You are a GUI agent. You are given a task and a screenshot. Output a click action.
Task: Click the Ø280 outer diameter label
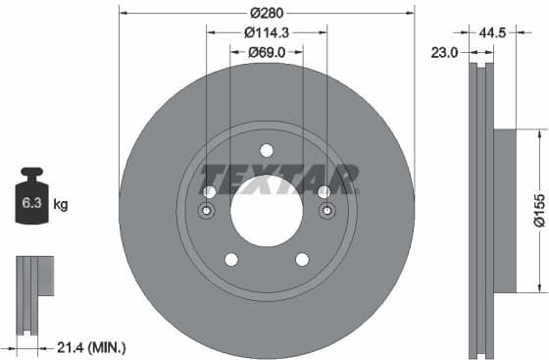pyautogui.click(x=266, y=13)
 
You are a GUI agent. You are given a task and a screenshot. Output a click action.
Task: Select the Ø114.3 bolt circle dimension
pyautogui.click(x=266, y=32)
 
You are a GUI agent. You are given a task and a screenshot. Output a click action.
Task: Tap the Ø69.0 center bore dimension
pyautogui.click(x=266, y=51)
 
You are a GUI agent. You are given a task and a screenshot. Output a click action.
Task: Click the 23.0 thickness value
pyautogui.click(x=445, y=54)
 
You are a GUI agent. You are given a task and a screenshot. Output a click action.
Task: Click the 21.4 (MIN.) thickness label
pyautogui.click(x=93, y=347)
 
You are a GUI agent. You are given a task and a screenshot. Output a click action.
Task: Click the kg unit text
pyautogui.click(x=61, y=205)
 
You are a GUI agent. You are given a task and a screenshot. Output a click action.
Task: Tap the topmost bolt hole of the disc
pyautogui.click(x=266, y=149)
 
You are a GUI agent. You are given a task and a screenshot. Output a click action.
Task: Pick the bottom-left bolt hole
pyautogui.click(x=230, y=259)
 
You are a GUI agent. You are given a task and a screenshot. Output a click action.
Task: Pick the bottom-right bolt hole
pyautogui.click(x=302, y=259)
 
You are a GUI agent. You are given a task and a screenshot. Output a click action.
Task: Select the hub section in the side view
pyautogui.click(x=502, y=210)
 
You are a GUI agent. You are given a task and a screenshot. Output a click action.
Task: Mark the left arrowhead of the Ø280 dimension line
pyautogui.click(x=123, y=13)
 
